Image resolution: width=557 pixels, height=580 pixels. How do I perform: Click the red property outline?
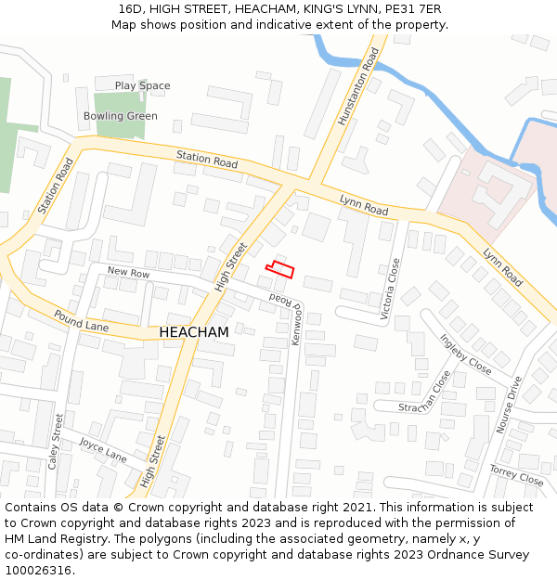280,270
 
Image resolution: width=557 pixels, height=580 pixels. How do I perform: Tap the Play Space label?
142,85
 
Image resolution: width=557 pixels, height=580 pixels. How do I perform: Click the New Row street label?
128,273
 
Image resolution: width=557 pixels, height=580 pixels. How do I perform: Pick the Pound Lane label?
81,322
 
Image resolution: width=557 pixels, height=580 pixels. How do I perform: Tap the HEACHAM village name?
194,331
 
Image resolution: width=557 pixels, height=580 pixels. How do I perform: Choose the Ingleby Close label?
465,354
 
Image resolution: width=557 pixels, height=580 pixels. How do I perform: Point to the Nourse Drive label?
509,405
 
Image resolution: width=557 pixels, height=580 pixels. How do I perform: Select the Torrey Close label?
516,475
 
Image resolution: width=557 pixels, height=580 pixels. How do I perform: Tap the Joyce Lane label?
102,450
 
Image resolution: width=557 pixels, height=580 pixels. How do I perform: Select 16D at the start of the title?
130,9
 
